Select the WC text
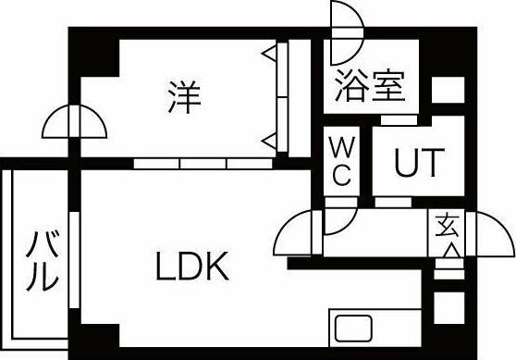(x=339, y=161)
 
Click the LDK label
(x=190, y=268)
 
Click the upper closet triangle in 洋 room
(x=269, y=55)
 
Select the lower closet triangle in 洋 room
(x=269, y=141)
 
